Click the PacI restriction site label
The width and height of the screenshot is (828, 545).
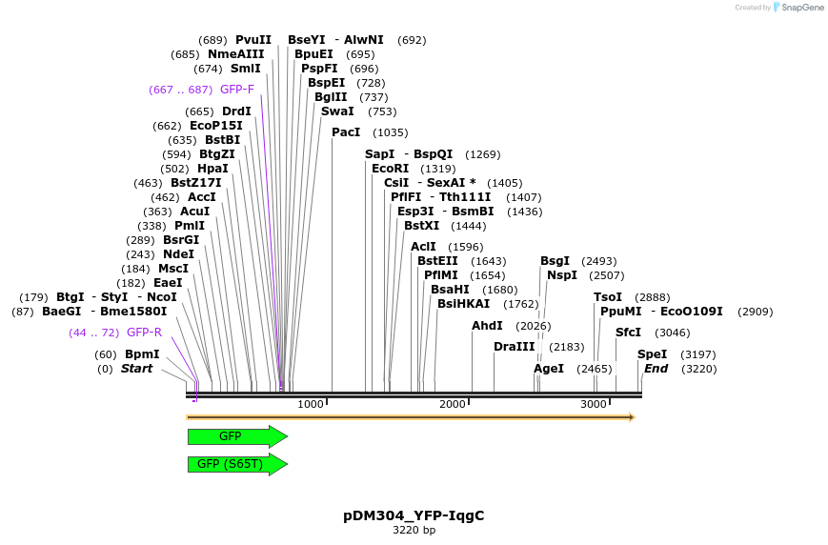coord(346,132)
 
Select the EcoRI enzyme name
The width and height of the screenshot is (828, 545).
coord(391,168)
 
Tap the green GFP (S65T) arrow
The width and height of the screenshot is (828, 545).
coord(237,464)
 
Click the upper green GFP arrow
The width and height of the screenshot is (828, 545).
coord(237,436)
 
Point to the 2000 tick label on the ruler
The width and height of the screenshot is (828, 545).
coord(453,404)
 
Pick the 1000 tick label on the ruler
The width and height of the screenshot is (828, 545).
coord(311,404)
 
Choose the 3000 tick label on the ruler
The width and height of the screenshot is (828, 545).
coord(594,404)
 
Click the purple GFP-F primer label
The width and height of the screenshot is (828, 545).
coord(237,90)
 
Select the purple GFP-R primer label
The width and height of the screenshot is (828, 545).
coord(144,333)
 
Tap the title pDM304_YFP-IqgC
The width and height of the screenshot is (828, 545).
coord(414,515)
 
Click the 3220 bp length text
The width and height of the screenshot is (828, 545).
coord(414,530)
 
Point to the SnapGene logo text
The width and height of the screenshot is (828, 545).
coord(802,8)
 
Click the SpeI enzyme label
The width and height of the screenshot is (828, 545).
coord(652,353)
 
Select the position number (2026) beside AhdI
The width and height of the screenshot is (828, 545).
coord(534,326)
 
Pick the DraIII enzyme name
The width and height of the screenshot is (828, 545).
coord(515,347)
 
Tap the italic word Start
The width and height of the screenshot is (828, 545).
coord(137,368)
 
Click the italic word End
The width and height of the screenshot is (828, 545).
coord(656,368)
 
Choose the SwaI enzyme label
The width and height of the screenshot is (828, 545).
coord(337,111)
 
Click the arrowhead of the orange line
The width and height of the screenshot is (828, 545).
coord(632,417)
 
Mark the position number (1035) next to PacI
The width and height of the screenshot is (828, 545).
coord(391,132)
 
